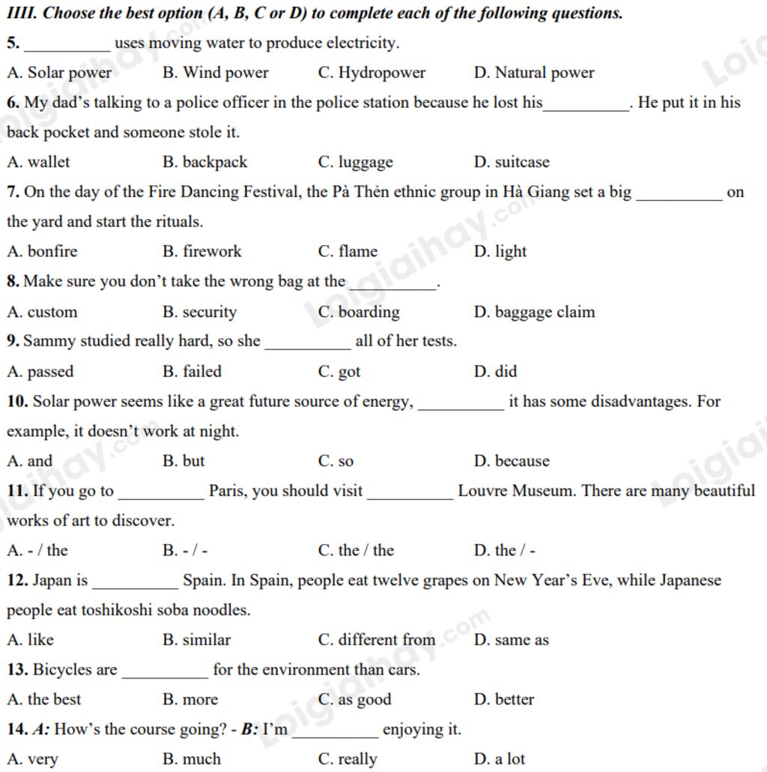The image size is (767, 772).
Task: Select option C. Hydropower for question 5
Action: (x=372, y=73)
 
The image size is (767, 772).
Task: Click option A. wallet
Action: (x=38, y=162)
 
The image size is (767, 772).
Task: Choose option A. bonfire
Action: (x=42, y=251)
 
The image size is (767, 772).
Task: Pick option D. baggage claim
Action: (x=534, y=312)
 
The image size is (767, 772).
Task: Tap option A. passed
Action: (x=40, y=371)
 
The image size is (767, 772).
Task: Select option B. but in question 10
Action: (x=184, y=461)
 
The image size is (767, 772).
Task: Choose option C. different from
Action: (x=376, y=639)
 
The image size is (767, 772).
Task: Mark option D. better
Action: (x=504, y=699)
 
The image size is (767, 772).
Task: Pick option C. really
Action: (x=348, y=759)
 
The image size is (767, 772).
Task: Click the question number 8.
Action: (x=13, y=282)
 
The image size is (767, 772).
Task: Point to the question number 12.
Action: (x=17, y=580)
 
